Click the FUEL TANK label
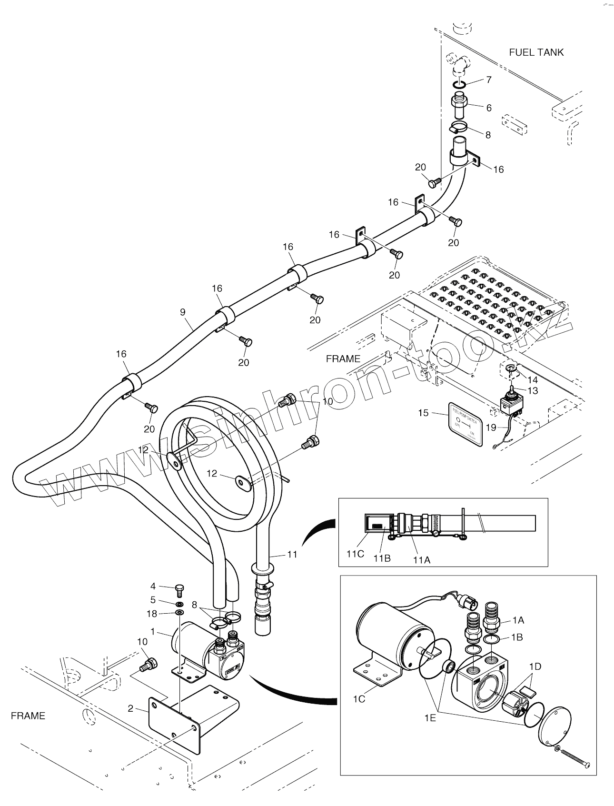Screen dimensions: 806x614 [536, 52]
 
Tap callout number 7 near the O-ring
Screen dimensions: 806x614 [488, 80]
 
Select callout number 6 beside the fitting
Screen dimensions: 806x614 [488, 108]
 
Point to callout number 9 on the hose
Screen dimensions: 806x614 [183, 312]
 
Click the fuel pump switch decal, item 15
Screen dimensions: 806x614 [465, 424]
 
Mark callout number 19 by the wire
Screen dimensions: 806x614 [491, 427]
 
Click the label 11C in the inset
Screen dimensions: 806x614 [355, 554]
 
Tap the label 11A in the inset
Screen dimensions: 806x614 [421, 560]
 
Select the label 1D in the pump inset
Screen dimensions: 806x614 [535, 667]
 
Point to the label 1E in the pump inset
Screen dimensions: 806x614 [430, 718]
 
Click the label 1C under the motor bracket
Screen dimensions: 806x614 [359, 698]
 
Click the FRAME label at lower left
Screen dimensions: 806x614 [28, 716]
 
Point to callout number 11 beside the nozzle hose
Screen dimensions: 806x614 [292, 554]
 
